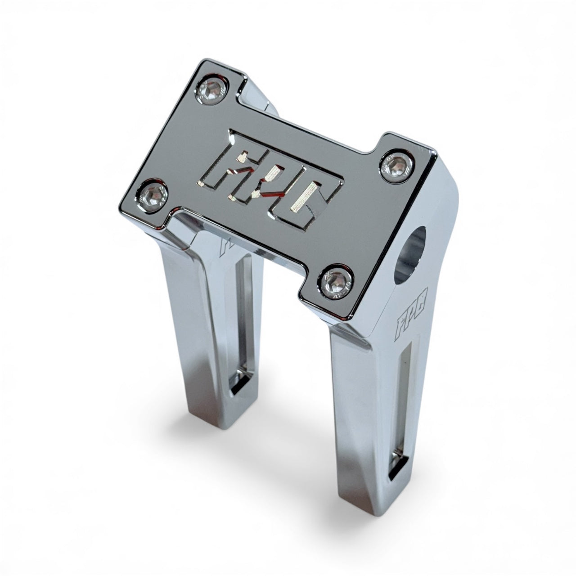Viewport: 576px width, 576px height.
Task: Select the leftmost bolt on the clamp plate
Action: point(153,195)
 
